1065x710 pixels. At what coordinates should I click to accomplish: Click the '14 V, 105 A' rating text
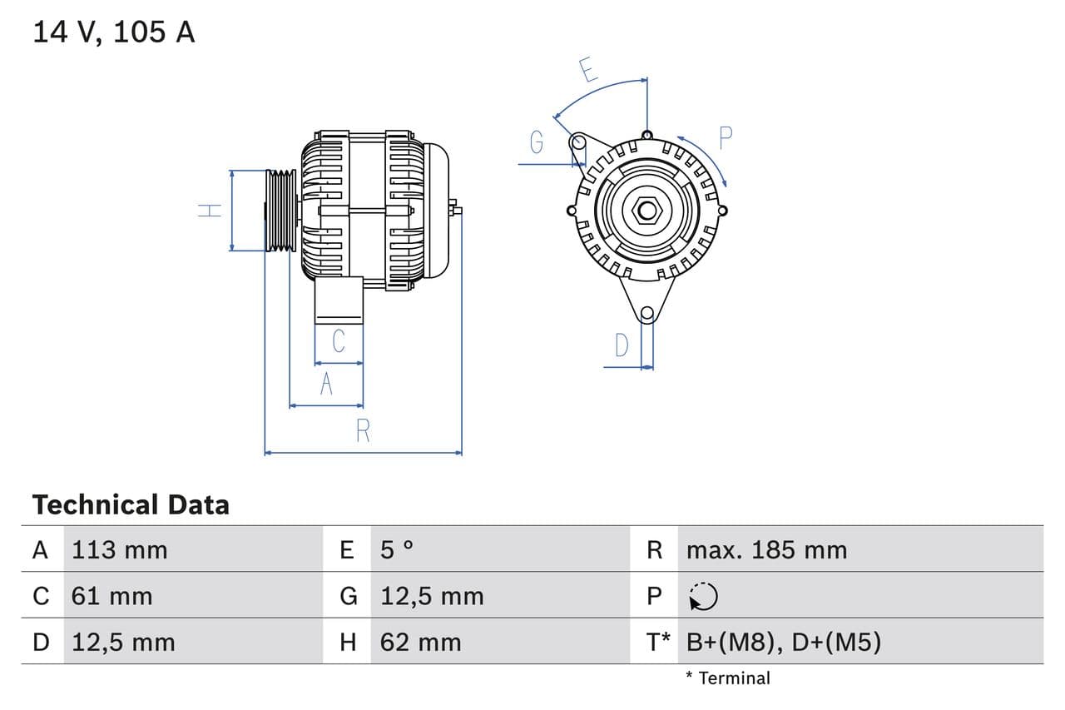click(x=113, y=32)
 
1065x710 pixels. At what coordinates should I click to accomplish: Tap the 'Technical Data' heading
click(x=131, y=504)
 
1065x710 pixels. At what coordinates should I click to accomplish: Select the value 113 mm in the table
click(x=119, y=550)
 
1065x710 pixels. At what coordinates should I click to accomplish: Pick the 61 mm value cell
click(x=112, y=596)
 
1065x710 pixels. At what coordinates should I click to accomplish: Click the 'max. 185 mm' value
click(x=766, y=550)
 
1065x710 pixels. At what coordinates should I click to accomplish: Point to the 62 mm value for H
click(x=420, y=642)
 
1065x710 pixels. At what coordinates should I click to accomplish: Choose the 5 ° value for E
click(x=397, y=550)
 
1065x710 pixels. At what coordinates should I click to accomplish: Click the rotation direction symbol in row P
click(x=704, y=596)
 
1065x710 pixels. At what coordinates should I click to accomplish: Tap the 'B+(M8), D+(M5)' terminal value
click(x=783, y=642)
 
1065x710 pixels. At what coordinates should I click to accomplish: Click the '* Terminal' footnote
click(x=728, y=678)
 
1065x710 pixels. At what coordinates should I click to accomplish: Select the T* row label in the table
click(x=659, y=642)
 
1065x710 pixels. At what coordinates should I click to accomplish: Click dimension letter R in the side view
click(x=363, y=431)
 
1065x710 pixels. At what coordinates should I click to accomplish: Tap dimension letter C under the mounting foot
click(x=339, y=341)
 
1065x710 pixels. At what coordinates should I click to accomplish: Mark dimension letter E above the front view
click(x=588, y=71)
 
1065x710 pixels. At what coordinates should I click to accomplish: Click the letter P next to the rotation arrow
click(x=725, y=137)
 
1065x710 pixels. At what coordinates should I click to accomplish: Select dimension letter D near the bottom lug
click(x=622, y=345)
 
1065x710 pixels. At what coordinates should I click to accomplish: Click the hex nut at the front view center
click(x=646, y=211)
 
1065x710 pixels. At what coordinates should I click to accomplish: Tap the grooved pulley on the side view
click(x=280, y=210)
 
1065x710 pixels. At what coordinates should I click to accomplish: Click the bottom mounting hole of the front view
click(x=647, y=313)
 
